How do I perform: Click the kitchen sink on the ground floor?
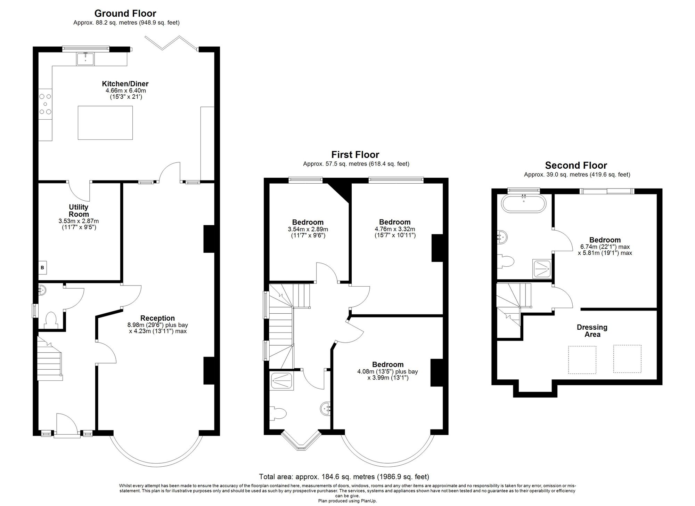point(85,59)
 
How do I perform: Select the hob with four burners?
point(45,104)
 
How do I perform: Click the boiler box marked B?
point(42,267)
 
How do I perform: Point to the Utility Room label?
point(79,211)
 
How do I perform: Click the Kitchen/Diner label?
point(125,84)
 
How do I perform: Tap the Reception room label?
point(157,318)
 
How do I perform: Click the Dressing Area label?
point(592,331)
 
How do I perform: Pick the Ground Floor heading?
point(125,13)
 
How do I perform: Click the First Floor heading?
point(355,154)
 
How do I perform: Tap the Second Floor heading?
point(576,165)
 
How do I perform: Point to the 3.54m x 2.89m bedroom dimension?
point(308,229)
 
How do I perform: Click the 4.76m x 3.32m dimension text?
point(395,229)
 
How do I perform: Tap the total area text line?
point(344,476)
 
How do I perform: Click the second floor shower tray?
point(542,270)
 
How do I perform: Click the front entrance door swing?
point(67,423)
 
